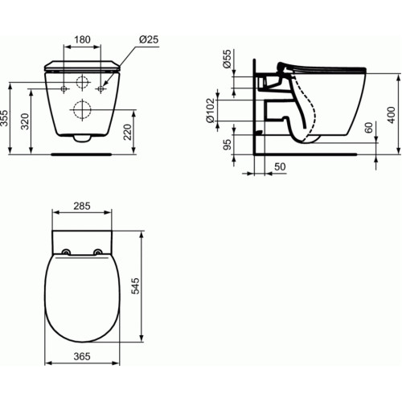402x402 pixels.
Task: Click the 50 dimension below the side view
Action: [x=279, y=166]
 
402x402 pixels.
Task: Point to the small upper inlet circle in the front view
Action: [x=82, y=84]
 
